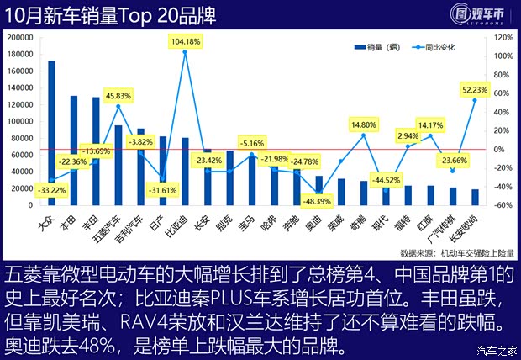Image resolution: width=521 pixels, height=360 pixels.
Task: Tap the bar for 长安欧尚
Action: click(476, 198)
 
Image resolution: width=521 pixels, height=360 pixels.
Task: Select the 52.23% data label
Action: click(476, 89)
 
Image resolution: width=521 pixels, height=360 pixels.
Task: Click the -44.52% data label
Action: click(387, 179)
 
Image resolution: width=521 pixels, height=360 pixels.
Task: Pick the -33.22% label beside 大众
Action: click(52, 191)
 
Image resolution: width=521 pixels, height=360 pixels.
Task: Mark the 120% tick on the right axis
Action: click(502, 38)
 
